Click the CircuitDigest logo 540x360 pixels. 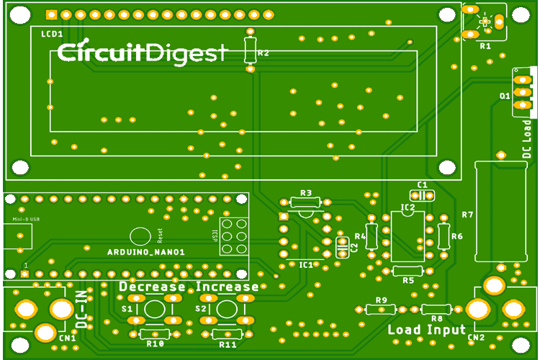(142, 53)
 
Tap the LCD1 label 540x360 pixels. (51, 35)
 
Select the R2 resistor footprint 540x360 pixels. (250, 50)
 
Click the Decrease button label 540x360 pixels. (152, 287)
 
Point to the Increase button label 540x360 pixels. (228, 287)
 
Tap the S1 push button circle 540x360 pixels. (153, 310)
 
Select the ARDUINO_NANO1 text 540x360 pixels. (146, 252)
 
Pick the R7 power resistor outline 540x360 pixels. (498, 212)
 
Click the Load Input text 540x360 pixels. (428, 330)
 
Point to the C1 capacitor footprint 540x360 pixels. (418, 195)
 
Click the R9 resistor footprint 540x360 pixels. (381, 309)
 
